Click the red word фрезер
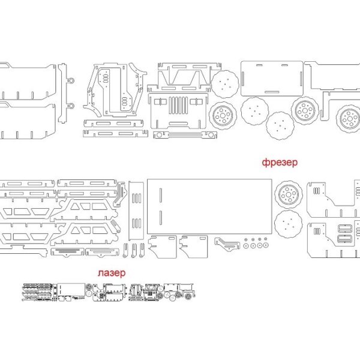coord(279,162)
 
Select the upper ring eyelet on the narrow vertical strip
coord(71,80)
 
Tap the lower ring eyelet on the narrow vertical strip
coord(71,107)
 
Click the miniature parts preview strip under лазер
coord(108,292)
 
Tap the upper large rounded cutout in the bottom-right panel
coord(346,228)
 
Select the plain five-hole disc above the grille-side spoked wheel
coord(227,85)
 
